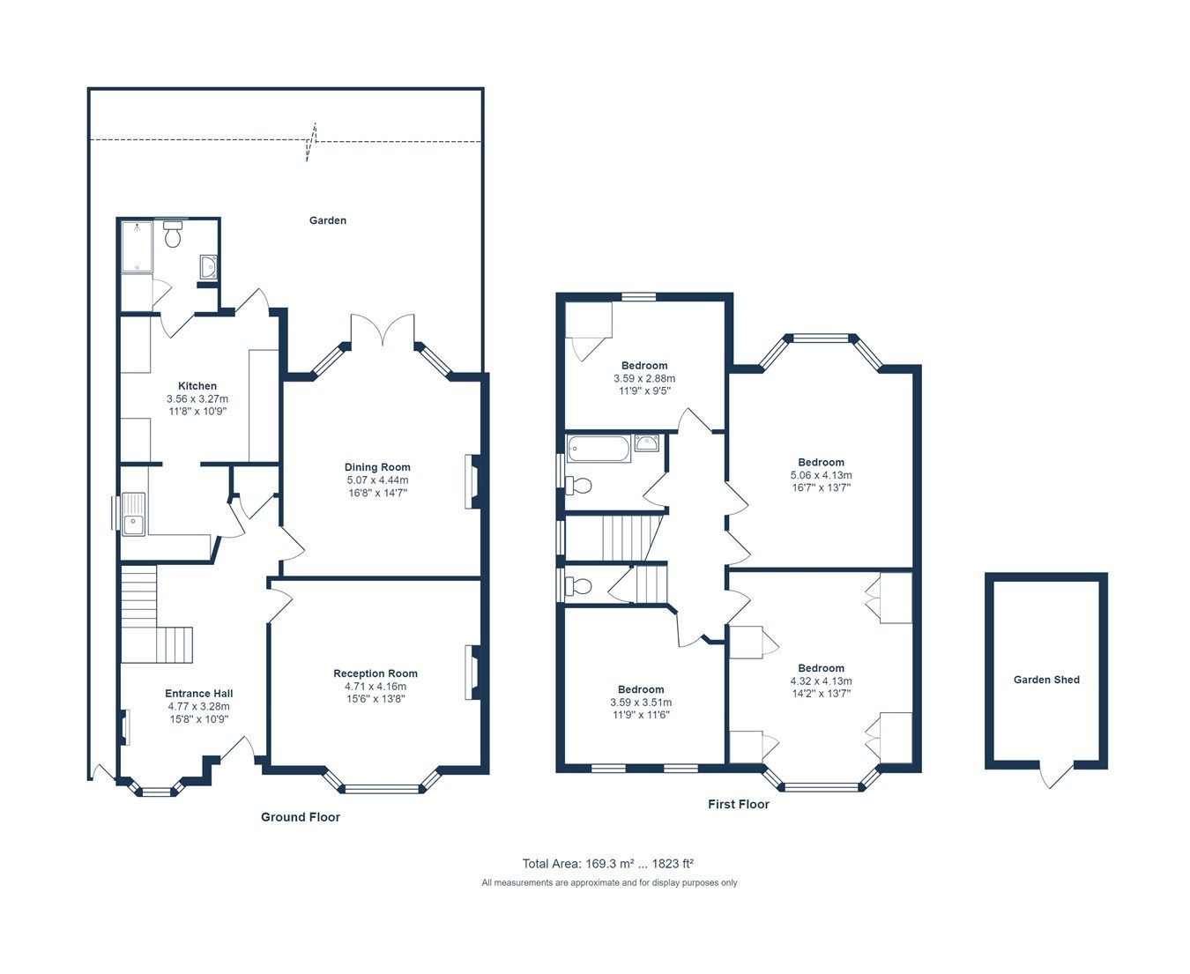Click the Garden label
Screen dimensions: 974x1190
(x=327, y=220)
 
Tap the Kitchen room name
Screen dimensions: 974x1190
(x=197, y=386)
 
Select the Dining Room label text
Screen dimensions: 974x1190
(x=377, y=467)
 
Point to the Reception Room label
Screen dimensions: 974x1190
(x=376, y=673)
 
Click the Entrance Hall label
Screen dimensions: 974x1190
(x=199, y=694)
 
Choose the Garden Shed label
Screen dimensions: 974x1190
(x=1046, y=680)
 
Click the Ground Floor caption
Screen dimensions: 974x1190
(x=301, y=817)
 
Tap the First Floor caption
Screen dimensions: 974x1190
(x=739, y=804)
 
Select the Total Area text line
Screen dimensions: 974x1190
(x=614, y=864)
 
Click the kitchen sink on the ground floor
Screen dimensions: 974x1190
(x=134, y=514)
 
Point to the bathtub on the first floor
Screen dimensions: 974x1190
(x=599, y=449)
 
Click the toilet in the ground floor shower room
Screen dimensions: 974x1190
(x=173, y=235)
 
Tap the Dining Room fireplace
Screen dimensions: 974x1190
(x=472, y=481)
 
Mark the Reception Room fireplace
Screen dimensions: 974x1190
(x=473, y=673)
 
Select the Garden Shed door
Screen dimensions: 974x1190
(x=1055, y=774)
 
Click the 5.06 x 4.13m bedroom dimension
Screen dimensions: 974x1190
(x=821, y=475)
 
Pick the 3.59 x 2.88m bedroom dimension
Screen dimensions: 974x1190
(x=644, y=378)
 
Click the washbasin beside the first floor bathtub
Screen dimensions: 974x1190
(x=646, y=443)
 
